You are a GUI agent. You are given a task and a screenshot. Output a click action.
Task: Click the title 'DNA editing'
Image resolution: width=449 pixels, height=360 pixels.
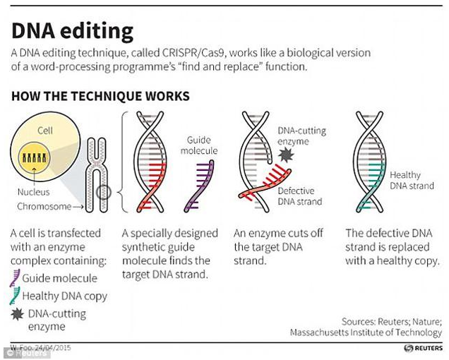[72, 30]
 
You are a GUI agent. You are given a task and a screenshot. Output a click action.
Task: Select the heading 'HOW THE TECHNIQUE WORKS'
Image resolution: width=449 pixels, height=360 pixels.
[100, 96]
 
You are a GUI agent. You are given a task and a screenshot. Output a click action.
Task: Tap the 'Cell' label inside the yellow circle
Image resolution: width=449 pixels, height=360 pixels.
[44, 131]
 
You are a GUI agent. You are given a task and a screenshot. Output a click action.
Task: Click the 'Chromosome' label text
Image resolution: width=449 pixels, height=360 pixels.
[44, 207]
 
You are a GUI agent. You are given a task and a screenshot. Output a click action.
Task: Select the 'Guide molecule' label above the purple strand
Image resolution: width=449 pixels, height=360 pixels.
[203, 145]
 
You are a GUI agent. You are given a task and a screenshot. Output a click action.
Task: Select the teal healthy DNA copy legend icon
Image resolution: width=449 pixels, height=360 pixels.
[15, 296]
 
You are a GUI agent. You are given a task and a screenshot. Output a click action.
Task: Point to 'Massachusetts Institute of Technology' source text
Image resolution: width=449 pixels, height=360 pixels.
[366, 332]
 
